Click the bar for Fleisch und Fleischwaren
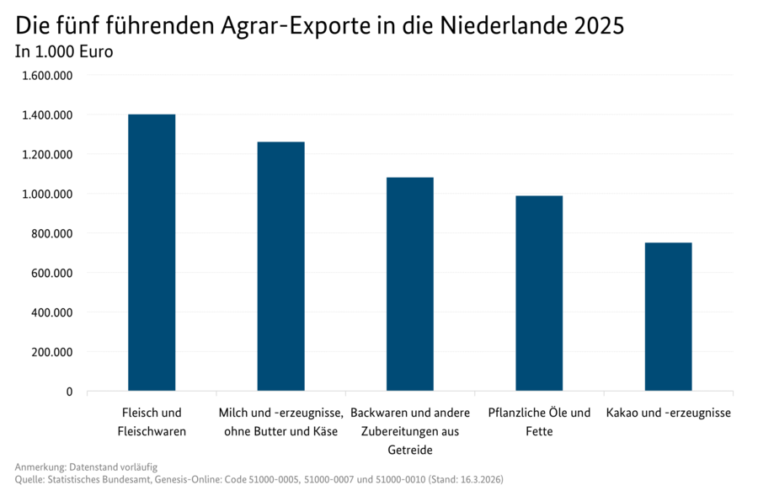[152, 253]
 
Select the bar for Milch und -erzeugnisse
[280, 266]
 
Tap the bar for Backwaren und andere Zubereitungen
[410, 284]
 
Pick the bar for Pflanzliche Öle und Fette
[539, 293]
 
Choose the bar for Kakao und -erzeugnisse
[668, 317]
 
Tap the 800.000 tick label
[51, 233]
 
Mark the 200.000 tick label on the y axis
[51, 352]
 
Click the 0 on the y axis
[69, 392]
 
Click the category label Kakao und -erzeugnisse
[668, 413]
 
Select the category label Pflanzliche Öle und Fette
[539, 423]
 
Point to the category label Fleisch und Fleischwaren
[152, 423]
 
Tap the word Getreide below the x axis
[410, 451]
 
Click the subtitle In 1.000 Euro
[64, 51]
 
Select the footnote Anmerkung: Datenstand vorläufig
[86, 467]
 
